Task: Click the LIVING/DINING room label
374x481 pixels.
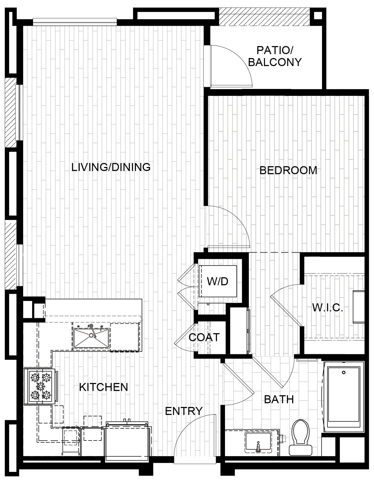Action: coord(111,167)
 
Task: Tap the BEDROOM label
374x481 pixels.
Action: coord(288,170)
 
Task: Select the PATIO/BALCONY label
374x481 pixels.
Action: coord(275,56)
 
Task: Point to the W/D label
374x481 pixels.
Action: coord(218,281)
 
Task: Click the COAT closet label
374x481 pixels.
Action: coord(204,337)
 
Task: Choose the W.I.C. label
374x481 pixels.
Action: coord(328,308)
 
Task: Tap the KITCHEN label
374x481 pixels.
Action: coord(104,387)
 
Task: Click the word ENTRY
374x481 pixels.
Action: coord(184,411)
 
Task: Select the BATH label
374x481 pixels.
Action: coord(279,399)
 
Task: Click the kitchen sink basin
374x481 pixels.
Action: coord(91,338)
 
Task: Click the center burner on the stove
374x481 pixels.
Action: coord(41,386)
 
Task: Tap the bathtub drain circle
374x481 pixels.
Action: coord(344,372)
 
